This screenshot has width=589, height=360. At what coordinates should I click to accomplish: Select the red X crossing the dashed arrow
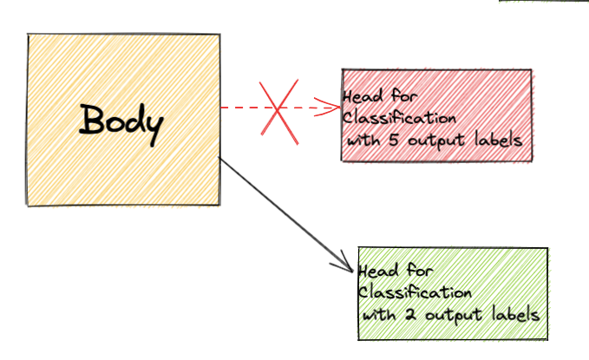coord(278,112)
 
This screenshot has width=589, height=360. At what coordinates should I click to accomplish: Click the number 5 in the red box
coord(394,141)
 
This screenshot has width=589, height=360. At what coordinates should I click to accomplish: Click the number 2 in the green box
coord(411,314)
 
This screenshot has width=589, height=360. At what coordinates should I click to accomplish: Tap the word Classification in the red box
coord(399,118)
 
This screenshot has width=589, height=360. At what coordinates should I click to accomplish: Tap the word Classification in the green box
coord(415,292)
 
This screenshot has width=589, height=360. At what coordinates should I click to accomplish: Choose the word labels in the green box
coord(516,314)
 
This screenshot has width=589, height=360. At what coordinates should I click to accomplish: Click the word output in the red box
coord(436,141)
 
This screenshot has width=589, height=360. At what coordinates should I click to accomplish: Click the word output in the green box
coord(454,315)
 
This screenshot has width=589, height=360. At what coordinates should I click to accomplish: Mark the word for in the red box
coord(404,95)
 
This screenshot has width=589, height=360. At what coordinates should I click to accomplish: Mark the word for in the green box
coord(420,270)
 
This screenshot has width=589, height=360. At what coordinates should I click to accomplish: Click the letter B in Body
coord(91,119)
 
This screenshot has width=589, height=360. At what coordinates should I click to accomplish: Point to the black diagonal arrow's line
coord(286,215)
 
